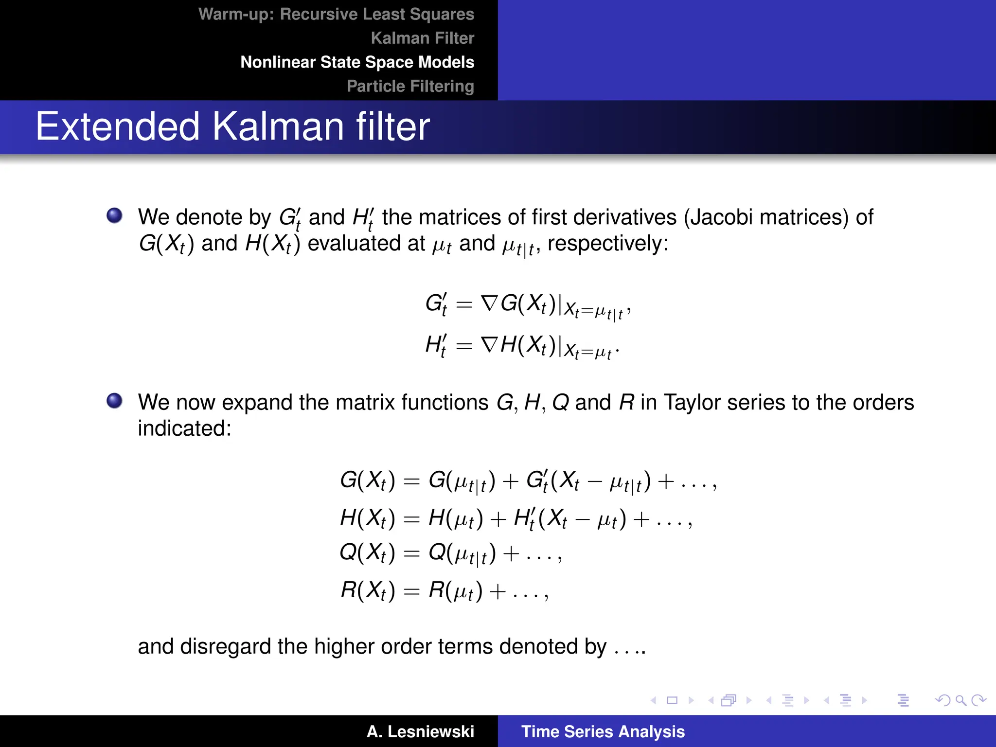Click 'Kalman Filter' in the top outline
422,38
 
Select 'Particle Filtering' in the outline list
410,86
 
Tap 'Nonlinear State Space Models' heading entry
357,62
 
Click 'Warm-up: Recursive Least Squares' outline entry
336,14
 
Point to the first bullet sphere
114,215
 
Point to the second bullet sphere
114,401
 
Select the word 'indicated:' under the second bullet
184,428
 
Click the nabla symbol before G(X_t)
489,303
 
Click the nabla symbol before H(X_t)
489,345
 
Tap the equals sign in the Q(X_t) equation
411,553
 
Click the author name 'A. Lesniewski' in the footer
420,731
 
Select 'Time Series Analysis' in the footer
603,731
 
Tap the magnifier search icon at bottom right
960,700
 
